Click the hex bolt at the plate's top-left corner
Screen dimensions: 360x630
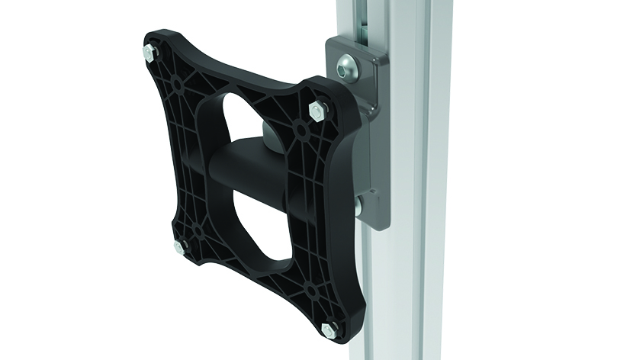(x=147, y=53)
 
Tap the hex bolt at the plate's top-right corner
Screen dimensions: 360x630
(x=316, y=112)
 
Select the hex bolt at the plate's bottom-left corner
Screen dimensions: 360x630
(x=181, y=246)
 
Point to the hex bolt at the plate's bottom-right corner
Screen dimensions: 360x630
(x=328, y=329)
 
